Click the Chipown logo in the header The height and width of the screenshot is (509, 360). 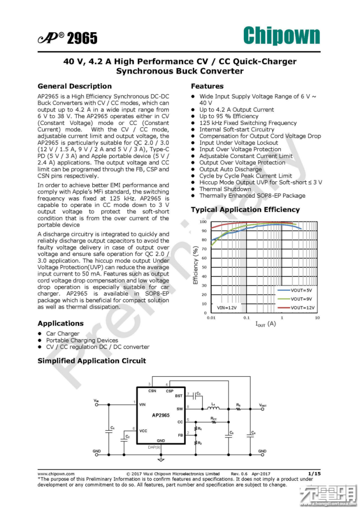coord(281,36)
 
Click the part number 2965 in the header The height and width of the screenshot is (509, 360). coord(82,38)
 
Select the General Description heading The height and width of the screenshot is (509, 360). coord(74,86)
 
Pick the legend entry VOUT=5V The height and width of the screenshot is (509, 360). coord(301,290)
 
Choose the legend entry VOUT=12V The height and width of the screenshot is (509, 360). coord(302,308)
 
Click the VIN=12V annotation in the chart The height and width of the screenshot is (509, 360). coord(227,308)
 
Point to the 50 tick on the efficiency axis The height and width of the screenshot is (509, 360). coord(204,267)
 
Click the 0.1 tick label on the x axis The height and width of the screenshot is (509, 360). coord(246,318)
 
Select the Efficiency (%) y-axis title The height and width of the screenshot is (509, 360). coord(195,265)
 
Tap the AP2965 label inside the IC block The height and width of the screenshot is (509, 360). coord(161,415)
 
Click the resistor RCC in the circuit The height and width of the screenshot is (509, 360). coord(214,422)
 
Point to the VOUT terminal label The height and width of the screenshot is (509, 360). coord(263,405)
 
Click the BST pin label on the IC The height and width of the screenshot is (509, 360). coord(179,396)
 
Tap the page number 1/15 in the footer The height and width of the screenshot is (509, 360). coord(314,473)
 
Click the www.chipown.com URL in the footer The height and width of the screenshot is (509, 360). coord(56,473)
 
